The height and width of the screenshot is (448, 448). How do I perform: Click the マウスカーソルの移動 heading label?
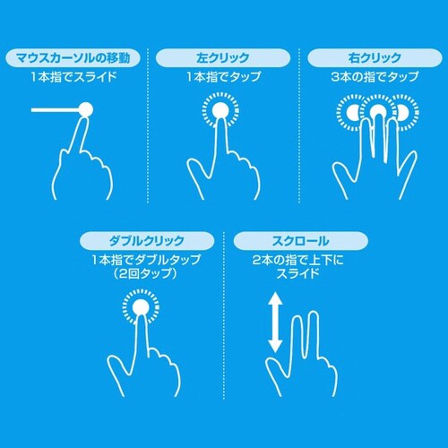(73, 58)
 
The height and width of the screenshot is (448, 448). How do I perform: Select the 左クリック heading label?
(223, 58)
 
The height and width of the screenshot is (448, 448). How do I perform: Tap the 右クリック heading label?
(373, 58)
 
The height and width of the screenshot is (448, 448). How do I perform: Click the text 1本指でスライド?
(73, 79)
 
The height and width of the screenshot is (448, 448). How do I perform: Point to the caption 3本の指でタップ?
(373, 79)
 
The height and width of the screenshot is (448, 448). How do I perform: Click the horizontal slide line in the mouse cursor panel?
(54, 111)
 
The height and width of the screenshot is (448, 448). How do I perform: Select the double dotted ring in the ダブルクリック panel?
(140, 310)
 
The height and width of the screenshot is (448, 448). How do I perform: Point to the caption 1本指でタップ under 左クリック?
(223, 79)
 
